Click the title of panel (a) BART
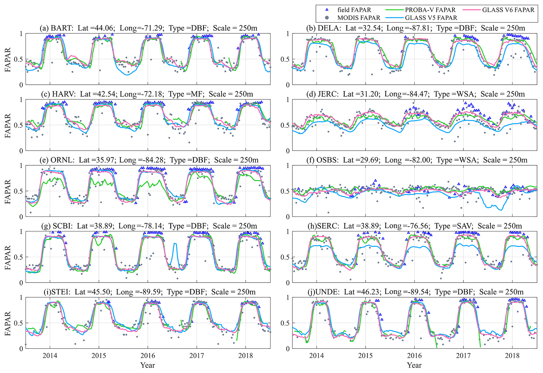(148, 28)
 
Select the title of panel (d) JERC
(415, 94)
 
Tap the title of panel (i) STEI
(148, 292)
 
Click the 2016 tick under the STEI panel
(148, 356)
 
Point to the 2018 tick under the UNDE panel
(512, 356)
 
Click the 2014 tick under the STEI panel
(50, 356)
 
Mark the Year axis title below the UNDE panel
(414, 365)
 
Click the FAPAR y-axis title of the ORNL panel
(8, 191)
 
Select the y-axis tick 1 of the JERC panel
(287, 100)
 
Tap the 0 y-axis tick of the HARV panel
(21, 151)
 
